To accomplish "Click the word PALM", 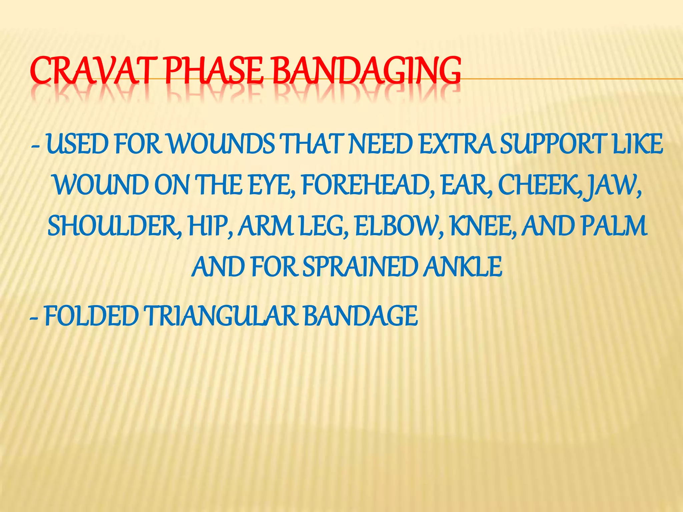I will (x=614, y=226).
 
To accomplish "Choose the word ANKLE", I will (x=463, y=267).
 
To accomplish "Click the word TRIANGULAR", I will (x=220, y=316).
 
